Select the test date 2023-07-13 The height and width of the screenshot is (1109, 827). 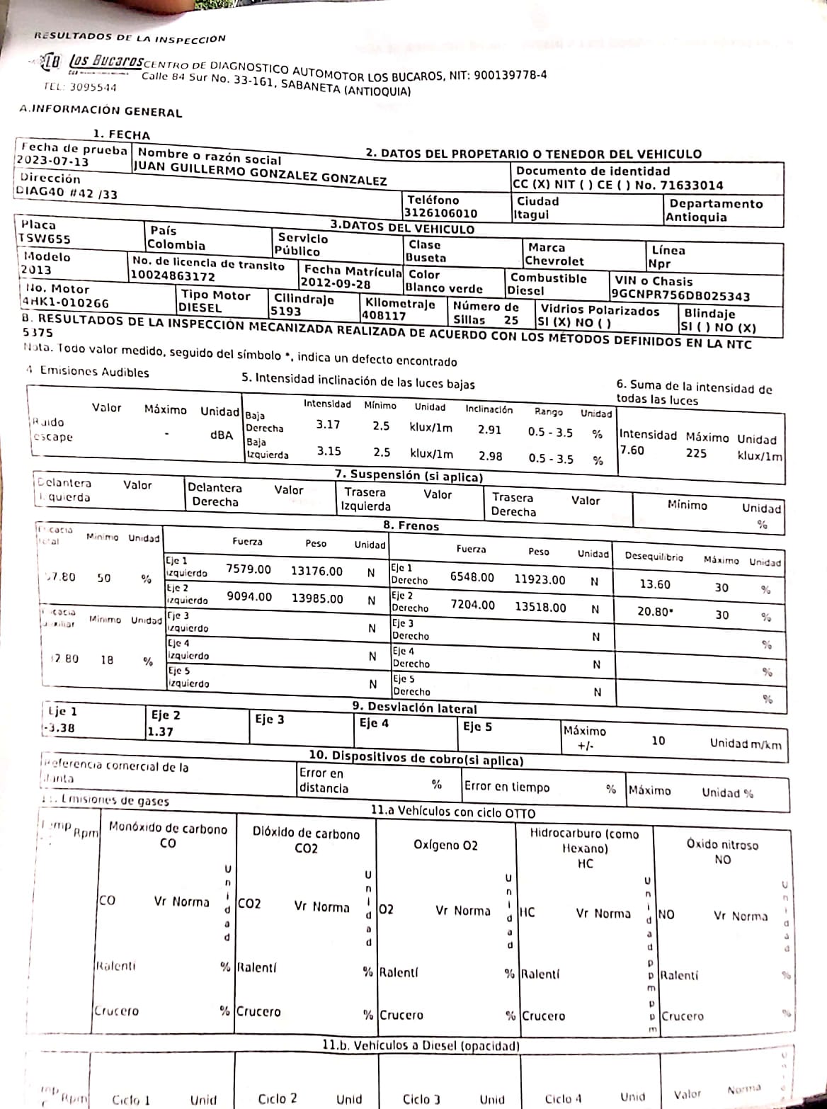click(x=52, y=161)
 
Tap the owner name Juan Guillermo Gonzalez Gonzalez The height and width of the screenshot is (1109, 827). click(x=260, y=174)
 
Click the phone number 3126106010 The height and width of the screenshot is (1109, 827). click(x=440, y=213)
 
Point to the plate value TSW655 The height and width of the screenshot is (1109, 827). click(x=45, y=239)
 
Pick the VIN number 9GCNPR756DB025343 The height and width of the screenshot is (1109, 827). click(x=680, y=295)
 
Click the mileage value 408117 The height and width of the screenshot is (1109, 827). click(x=384, y=316)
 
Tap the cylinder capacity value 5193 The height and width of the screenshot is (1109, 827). click(x=285, y=311)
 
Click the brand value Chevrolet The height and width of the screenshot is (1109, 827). click(x=554, y=261)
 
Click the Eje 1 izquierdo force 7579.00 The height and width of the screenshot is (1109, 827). click(x=248, y=569)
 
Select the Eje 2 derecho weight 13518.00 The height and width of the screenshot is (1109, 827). click(x=540, y=607)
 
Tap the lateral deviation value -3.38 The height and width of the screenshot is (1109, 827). click(x=59, y=728)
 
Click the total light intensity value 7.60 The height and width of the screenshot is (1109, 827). click(x=632, y=450)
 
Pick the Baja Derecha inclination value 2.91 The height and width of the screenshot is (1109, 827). click(x=489, y=430)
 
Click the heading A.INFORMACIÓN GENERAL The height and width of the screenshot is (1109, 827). click(x=101, y=111)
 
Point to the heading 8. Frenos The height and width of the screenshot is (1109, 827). click(x=411, y=526)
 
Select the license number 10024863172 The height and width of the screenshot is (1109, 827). click(x=173, y=276)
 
